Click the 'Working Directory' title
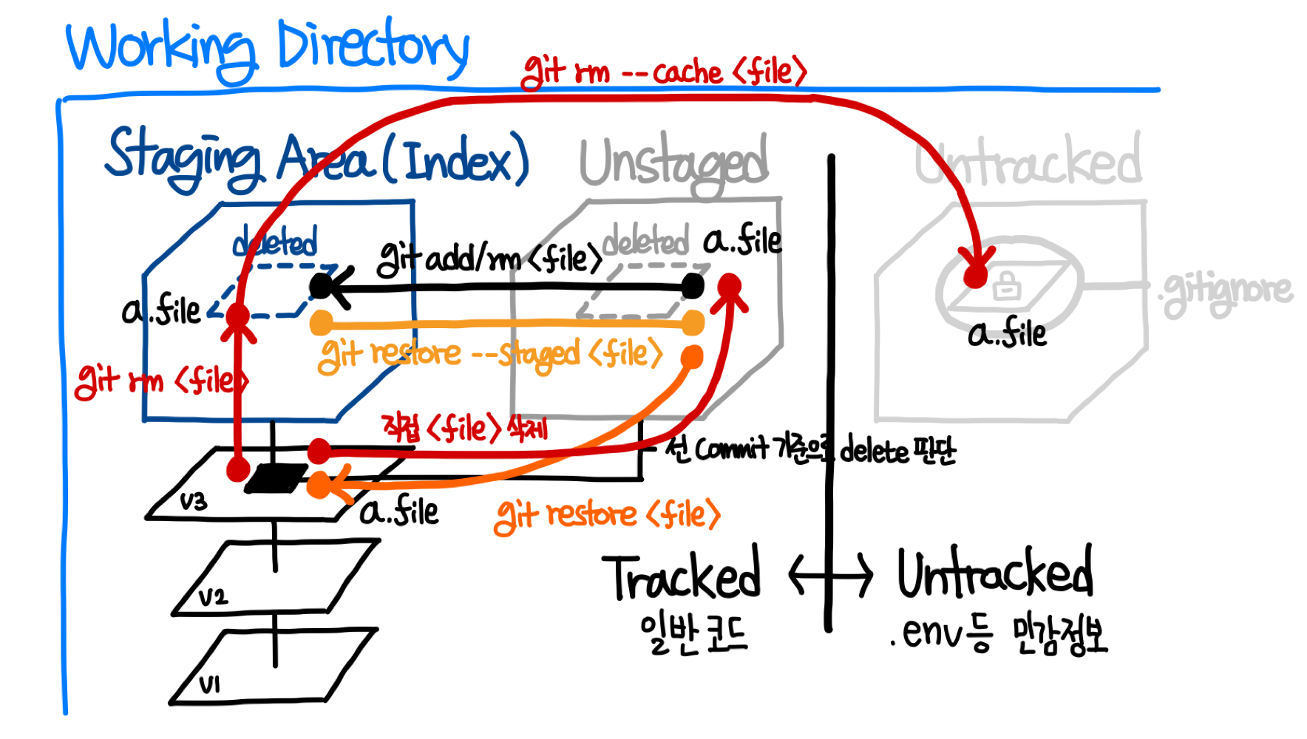[x=268, y=48]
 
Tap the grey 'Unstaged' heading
[x=673, y=163]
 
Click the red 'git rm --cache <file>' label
[x=663, y=72]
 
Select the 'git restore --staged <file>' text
[x=490, y=355]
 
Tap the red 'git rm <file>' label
[x=161, y=381]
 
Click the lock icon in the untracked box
[x=1006, y=285]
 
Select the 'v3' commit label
[x=194, y=502]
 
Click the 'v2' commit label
[x=213, y=596]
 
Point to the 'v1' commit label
[x=210, y=684]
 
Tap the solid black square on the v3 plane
[x=276, y=479]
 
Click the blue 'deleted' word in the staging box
[x=275, y=242]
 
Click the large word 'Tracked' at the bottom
[x=682, y=576]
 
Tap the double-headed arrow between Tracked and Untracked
[x=830, y=575]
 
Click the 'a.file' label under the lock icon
[x=1007, y=334]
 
